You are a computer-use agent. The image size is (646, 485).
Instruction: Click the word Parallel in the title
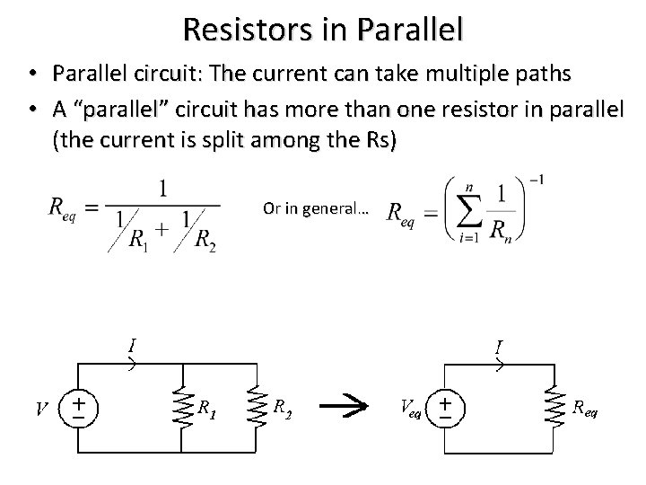click(x=409, y=29)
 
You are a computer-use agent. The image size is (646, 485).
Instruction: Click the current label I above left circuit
click(x=132, y=344)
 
